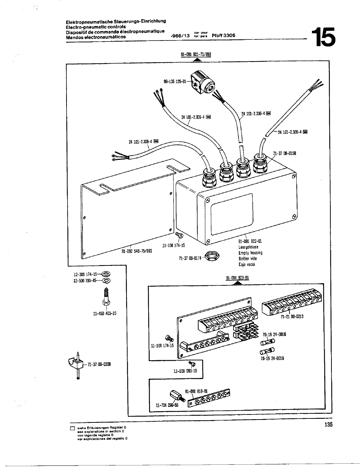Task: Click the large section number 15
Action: pos(325,37)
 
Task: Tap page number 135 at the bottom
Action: pos(328,425)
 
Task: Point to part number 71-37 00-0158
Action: pos(284,153)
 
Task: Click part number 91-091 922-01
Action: pos(250,241)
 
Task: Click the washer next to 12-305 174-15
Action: pos(107,274)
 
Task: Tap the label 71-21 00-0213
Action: pos(292,316)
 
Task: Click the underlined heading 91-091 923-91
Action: pos(237,278)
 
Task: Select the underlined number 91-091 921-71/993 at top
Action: pos(196,55)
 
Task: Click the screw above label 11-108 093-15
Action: pos(192,363)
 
